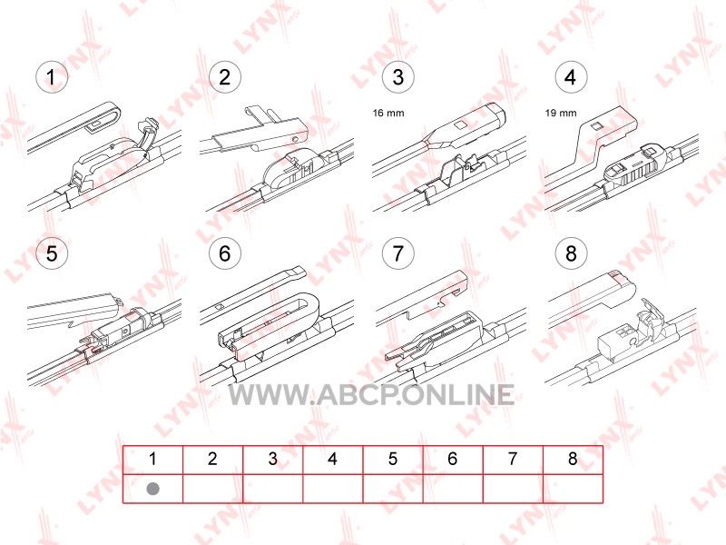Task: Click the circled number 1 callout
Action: pos(52,77)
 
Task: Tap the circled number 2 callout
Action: pos(224,77)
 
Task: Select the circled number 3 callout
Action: pos(397,77)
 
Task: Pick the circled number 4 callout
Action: pos(571,77)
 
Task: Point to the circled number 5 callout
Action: pos(52,253)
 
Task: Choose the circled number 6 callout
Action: pos(224,253)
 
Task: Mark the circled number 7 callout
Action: pos(397,253)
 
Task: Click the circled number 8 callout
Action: pos(571,253)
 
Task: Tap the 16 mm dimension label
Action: pos(388,113)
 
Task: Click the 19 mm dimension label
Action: pos(561,113)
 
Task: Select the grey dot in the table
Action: pos(152,489)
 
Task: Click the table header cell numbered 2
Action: pos(212,460)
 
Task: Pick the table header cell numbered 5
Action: pos(393,460)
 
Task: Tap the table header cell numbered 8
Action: pos(573,460)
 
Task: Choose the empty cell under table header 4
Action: pos(333,489)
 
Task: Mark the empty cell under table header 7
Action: pos(513,489)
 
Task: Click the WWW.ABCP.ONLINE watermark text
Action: pos(372,395)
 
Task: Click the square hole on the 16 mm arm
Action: pos(460,125)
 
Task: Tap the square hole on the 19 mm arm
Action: pos(596,125)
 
